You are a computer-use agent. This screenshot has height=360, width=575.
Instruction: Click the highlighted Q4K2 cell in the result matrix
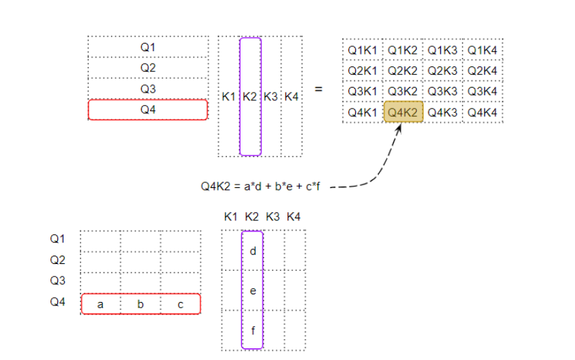pos(403,111)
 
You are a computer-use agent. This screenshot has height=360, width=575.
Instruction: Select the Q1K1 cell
pos(362,50)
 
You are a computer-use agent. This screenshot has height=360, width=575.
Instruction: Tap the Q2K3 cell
pos(443,70)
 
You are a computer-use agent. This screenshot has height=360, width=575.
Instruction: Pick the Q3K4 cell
pos(483,91)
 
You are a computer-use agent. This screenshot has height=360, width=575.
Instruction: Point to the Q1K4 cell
pos(483,50)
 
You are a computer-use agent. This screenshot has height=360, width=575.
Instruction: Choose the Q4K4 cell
pos(483,111)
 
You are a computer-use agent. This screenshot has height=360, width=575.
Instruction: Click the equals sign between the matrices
pos(319,89)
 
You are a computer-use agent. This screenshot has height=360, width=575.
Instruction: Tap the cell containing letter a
pos(101,304)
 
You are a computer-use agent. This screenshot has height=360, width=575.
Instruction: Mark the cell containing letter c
pos(180,304)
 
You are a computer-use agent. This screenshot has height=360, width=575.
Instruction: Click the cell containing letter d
pos(252,251)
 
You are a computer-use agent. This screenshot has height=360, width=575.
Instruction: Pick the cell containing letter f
pos(252,330)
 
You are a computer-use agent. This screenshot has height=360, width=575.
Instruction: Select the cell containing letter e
pos(252,291)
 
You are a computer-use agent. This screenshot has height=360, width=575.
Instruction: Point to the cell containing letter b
pos(140,304)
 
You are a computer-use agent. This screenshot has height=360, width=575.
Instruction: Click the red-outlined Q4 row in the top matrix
pos(148,110)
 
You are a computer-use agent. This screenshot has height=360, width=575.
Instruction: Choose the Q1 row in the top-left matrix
pos(148,47)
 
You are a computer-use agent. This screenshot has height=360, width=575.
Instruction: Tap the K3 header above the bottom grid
pos(272,217)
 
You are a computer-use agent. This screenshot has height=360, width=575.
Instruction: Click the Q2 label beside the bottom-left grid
pos(57,260)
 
